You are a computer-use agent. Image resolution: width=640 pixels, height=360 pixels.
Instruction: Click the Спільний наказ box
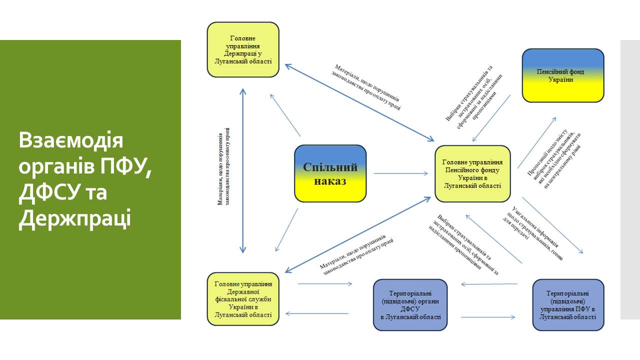[330, 173]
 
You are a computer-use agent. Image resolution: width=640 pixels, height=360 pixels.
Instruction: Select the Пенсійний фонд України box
[563, 75]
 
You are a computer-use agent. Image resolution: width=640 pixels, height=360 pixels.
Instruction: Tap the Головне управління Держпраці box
[243, 49]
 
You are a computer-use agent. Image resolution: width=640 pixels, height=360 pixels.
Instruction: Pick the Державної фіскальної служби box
[243, 299]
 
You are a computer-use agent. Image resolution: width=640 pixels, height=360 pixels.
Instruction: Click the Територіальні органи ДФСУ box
[410, 304]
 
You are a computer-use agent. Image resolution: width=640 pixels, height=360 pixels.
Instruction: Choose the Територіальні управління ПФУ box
[568, 304]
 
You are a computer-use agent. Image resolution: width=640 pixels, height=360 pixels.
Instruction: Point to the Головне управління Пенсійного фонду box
[472, 173]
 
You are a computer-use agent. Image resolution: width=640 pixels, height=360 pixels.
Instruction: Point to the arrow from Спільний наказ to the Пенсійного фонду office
[400, 173]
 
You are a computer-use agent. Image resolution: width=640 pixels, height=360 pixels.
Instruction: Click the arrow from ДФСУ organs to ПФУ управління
[487, 317]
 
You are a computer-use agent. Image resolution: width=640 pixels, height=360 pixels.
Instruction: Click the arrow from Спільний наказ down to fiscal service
[286, 230]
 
